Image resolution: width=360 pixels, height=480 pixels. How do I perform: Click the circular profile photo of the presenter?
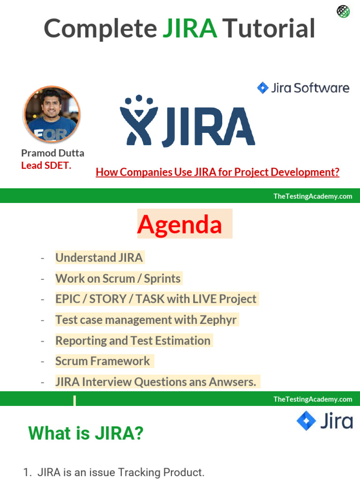pos(52,114)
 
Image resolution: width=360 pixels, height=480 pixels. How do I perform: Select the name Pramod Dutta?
pos(52,153)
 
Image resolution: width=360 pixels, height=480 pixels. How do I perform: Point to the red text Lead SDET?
pos(46,165)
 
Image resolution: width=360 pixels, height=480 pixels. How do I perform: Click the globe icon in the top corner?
pos(344,12)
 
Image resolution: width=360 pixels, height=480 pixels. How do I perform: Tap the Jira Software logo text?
pos(310,88)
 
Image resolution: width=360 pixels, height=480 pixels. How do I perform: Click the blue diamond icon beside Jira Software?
pos(262,88)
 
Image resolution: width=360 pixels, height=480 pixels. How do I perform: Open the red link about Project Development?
pos(217,172)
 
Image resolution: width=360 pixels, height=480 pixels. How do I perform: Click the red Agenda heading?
pos(180,224)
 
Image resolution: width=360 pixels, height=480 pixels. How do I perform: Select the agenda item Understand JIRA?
pos(99,257)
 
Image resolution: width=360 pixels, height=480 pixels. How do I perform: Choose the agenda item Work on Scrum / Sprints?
pos(118,278)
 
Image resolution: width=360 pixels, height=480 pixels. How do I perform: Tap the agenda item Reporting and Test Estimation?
pos(133,341)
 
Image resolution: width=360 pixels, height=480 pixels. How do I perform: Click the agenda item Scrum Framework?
pos(102,361)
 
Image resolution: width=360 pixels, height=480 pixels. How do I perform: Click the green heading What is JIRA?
pos(86,433)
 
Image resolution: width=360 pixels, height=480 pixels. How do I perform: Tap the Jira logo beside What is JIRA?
pos(324,420)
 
